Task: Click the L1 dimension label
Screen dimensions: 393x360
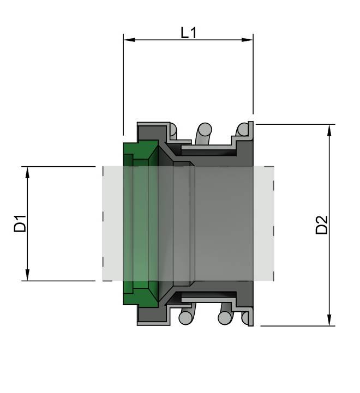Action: point(188,33)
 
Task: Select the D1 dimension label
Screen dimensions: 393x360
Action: point(20,224)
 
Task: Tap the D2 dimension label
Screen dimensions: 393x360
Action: point(322,225)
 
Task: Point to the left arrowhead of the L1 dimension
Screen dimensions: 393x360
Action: point(128,39)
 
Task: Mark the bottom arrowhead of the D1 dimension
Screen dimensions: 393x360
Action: point(27,276)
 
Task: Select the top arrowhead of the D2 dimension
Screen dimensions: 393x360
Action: point(329,129)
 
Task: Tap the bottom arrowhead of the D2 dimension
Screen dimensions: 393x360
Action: point(329,321)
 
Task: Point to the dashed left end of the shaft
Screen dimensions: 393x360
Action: point(103,223)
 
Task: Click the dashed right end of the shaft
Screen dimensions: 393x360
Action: point(273,223)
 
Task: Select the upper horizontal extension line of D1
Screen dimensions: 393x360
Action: point(60,166)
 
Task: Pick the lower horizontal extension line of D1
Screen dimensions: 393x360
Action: point(60,281)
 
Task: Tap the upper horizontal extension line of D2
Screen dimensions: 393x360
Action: point(295,124)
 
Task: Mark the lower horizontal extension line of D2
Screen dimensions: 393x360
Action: point(295,326)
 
